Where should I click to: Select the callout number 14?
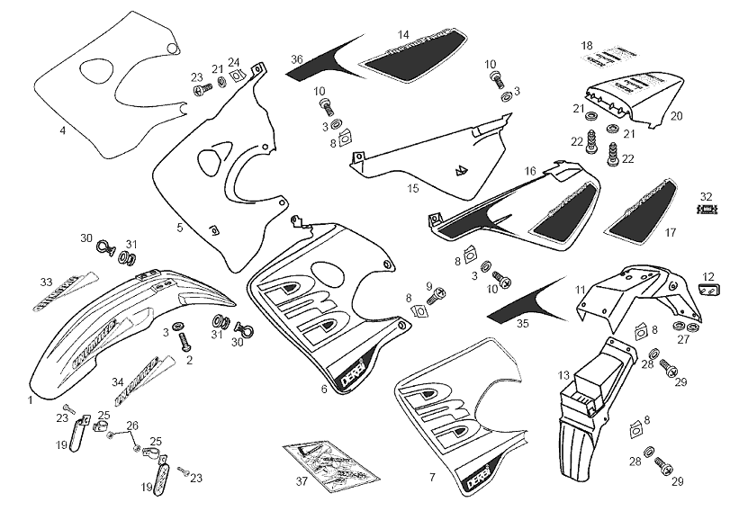pyautogui.click(x=403, y=35)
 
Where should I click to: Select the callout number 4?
pyautogui.click(x=62, y=130)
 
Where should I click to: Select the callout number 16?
pyautogui.click(x=529, y=171)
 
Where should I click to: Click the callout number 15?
pyautogui.click(x=413, y=189)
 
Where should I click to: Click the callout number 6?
pyautogui.click(x=323, y=389)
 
